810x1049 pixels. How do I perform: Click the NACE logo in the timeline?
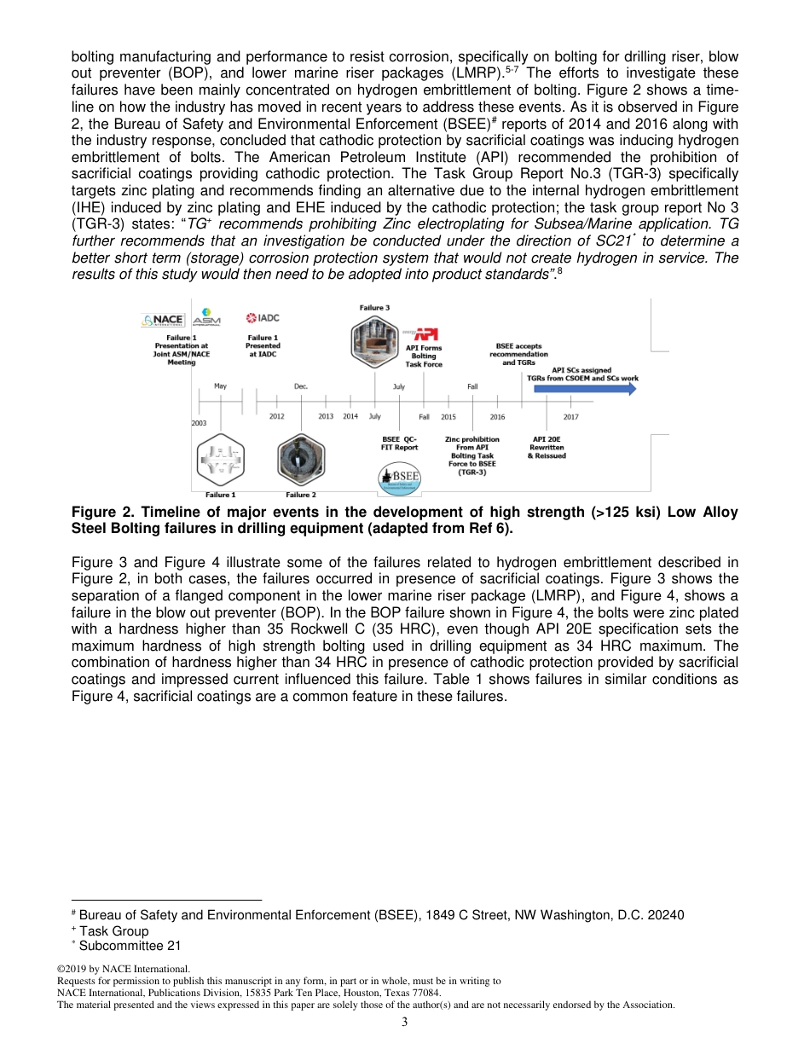(162, 321)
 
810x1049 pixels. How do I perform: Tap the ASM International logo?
(206, 317)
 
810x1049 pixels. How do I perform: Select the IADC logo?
(263, 318)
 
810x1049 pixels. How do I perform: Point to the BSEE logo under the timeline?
(400, 479)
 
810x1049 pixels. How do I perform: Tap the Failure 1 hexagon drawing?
(220, 460)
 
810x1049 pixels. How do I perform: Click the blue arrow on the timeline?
(585, 389)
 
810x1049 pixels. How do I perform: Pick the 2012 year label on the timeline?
(277, 416)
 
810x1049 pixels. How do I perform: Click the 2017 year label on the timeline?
(571, 416)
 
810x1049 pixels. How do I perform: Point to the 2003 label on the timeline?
(199, 423)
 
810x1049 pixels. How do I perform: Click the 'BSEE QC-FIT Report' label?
(399, 443)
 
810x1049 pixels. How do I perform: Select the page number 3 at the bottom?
(405, 1022)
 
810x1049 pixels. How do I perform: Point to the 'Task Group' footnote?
(113, 930)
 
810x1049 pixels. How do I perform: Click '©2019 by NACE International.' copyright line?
(123, 970)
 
